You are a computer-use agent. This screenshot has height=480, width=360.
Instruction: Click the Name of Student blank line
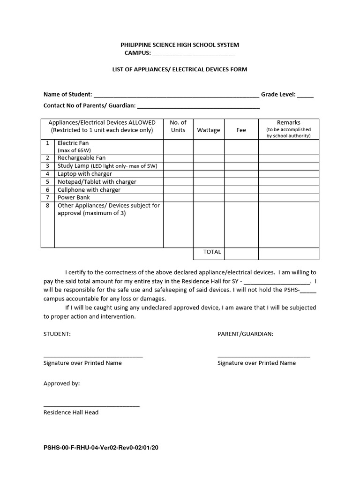coord(176,95)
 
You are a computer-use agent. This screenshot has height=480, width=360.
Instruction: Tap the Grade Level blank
coord(305,95)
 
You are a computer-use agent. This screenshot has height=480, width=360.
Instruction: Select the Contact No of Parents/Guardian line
coord(198,106)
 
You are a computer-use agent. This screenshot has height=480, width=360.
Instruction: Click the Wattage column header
coord(209,130)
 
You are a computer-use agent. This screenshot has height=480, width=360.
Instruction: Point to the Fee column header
coord(241,130)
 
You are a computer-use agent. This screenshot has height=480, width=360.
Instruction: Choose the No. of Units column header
coord(178,127)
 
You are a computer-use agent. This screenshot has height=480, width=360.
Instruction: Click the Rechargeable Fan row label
coord(82,158)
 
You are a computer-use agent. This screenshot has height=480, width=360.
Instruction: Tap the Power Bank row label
coord(74,198)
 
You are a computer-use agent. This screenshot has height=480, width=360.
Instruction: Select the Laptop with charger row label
coord(84,174)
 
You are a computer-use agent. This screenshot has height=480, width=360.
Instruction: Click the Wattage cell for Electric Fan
coord(209,146)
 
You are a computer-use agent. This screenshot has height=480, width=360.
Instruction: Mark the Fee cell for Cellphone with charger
coord(241,190)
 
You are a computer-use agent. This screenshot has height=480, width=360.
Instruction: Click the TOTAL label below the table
coord(212,252)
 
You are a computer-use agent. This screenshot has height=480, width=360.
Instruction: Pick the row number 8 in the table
coord(48,206)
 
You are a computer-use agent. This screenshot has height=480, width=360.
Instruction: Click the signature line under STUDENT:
coord(93,357)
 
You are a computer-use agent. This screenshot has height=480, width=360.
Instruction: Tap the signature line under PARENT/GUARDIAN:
coord(263,357)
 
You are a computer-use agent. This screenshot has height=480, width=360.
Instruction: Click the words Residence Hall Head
coord(71,413)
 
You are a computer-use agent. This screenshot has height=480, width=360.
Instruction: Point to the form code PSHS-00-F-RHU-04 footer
coord(101,448)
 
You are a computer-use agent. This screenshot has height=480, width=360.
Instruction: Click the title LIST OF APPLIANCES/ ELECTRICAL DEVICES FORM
coord(180,69)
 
